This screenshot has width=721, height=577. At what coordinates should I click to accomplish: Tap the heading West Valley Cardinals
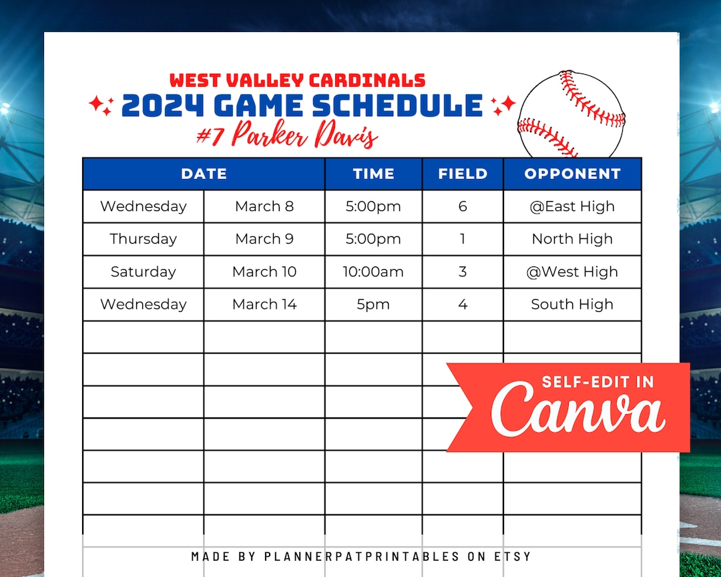point(297,81)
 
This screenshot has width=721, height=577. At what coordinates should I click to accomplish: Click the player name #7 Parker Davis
point(287,136)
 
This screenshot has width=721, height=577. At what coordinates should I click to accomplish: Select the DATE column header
point(204,174)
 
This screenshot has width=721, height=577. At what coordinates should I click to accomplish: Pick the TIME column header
point(373,174)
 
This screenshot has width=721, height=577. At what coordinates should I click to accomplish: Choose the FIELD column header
point(463,174)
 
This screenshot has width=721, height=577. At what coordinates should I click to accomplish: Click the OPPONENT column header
point(572,174)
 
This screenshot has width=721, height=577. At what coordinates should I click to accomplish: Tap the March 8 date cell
point(264,206)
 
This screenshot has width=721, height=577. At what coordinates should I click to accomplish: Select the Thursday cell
point(143,239)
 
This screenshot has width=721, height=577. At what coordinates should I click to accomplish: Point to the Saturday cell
point(143,272)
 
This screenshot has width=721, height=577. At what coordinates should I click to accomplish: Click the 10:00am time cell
point(373,272)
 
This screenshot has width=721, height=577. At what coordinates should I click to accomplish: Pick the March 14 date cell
point(264,305)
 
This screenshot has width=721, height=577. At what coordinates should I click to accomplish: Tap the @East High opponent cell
point(572,206)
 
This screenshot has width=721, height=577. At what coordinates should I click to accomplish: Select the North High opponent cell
point(572,239)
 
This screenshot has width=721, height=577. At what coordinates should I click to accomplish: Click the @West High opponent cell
point(572,272)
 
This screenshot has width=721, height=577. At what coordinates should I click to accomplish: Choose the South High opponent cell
point(572,305)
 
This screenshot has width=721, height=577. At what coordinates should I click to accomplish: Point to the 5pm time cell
point(373,305)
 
